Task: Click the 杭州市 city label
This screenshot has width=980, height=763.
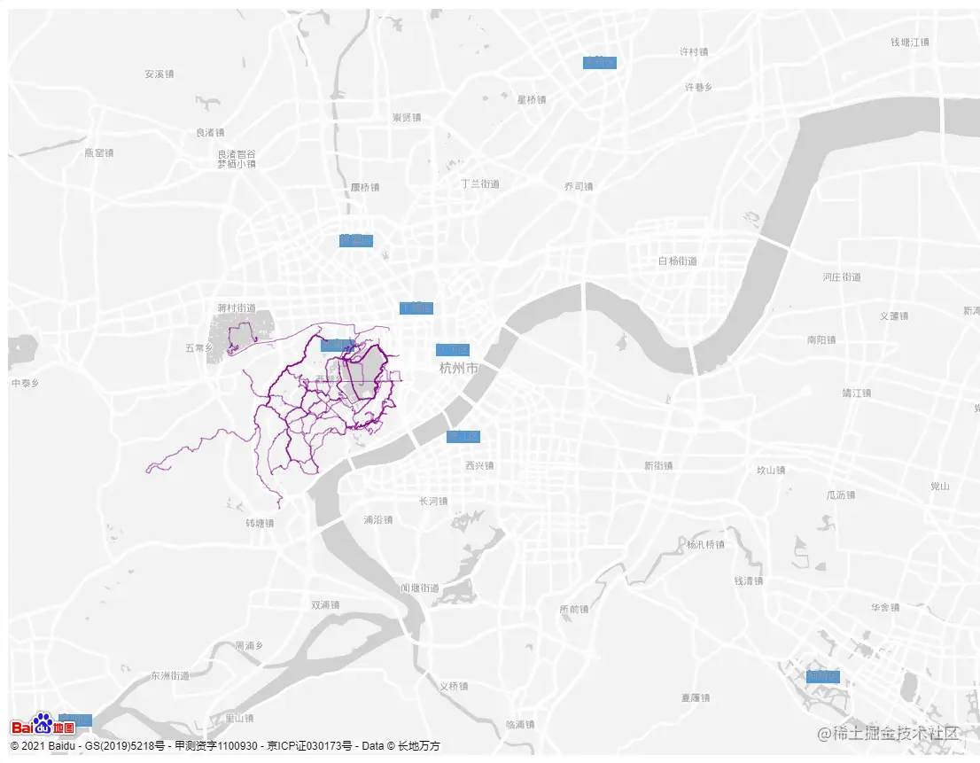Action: [x=459, y=368]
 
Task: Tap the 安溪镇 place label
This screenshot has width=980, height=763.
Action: [x=159, y=74]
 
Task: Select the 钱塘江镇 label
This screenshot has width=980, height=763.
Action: [x=910, y=43]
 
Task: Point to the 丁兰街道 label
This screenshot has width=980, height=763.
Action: [x=480, y=184]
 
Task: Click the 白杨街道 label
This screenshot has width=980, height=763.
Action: [x=678, y=261]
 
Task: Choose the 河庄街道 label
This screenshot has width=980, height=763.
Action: [x=841, y=277]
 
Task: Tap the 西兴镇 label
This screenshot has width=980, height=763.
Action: [x=479, y=466]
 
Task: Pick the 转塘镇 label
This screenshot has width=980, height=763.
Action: [x=260, y=524]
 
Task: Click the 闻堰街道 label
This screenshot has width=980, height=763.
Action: [x=419, y=588]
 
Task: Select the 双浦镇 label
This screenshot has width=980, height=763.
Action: [x=325, y=605]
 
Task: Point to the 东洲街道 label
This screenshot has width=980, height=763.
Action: [x=170, y=676]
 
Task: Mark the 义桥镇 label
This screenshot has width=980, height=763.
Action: [x=454, y=686]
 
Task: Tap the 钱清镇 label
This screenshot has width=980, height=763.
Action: [x=749, y=581]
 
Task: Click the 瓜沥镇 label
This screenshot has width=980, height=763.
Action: [x=841, y=495]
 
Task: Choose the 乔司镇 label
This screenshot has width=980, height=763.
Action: [x=579, y=187]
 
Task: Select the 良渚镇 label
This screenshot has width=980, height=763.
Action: [x=210, y=133]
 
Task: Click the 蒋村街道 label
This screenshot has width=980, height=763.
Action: [x=237, y=308]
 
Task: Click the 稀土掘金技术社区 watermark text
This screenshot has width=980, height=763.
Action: [x=889, y=733]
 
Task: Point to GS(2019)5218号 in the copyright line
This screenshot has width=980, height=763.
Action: [x=123, y=746]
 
